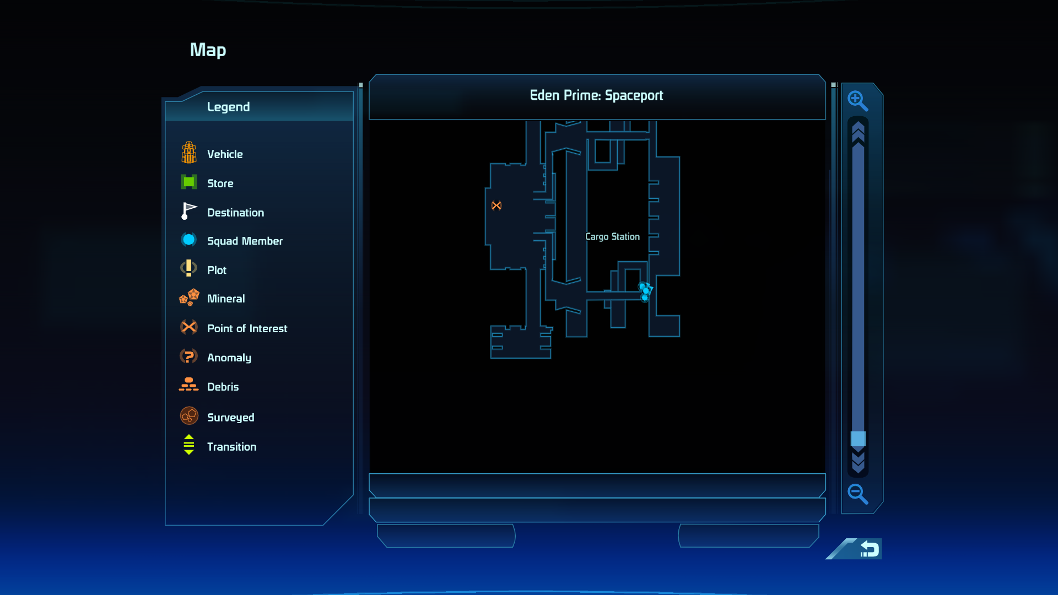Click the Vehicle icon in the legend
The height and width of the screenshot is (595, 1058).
(x=189, y=153)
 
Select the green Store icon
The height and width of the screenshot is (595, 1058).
(x=189, y=182)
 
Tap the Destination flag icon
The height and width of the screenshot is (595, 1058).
(x=188, y=211)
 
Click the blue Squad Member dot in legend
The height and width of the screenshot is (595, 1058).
(x=188, y=240)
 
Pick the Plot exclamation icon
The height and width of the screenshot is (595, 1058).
(x=188, y=268)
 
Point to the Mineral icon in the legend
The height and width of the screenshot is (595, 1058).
(x=189, y=297)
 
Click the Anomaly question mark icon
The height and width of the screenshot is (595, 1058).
(x=188, y=356)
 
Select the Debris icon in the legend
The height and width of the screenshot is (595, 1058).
(x=188, y=385)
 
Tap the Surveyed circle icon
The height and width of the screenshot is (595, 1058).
(x=189, y=416)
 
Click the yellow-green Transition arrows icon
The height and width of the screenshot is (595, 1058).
(x=188, y=445)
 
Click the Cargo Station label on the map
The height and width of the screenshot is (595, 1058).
(x=612, y=237)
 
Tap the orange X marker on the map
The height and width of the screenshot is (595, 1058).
(x=496, y=205)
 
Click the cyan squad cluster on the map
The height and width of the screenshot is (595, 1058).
(x=645, y=291)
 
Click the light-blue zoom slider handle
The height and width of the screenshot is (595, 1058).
(x=858, y=439)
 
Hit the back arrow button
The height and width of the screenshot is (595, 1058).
(x=869, y=549)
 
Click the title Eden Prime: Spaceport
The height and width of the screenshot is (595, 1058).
(x=596, y=96)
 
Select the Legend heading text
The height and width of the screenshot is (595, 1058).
(x=228, y=107)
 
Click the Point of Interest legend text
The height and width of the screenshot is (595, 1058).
(x=247, y=328)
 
